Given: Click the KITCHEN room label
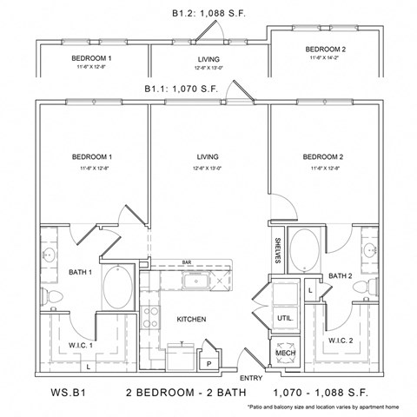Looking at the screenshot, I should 191,320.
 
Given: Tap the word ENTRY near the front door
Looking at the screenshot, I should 250,377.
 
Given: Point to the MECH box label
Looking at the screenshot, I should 285,354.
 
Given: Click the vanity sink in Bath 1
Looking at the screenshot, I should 50,255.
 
